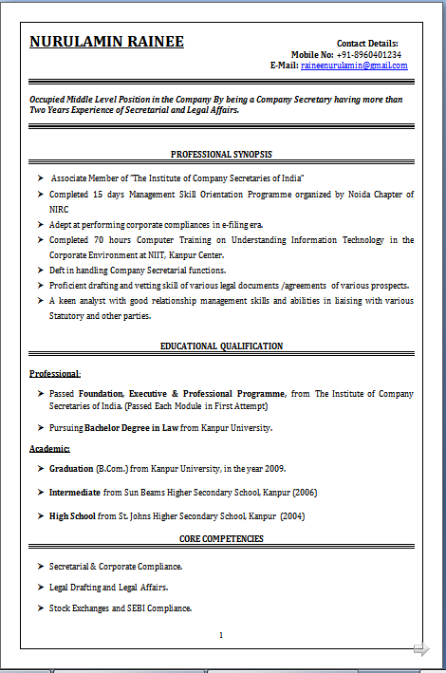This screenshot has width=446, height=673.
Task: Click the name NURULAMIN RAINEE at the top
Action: (x=106, y=43)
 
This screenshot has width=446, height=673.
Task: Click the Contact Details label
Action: (x=367, y=43)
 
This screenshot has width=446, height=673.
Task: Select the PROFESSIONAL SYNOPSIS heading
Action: (x=222, y=154)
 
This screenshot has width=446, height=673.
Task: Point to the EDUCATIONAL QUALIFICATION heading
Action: (x=222, y=346)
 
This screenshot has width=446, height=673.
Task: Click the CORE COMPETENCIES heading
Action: (x=222, y=539)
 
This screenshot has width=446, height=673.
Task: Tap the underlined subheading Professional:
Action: (x=55, y=374)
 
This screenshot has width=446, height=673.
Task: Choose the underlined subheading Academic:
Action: (x=49, y=448)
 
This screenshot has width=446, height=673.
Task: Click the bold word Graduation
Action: (x=71, y=469)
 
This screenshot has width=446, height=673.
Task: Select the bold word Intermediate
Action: (x=75, y=493)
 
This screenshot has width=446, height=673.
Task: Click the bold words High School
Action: (x=72, y=516)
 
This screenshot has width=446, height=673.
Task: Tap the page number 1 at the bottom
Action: (x=221, y=635)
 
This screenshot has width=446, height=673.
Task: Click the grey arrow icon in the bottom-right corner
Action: (x=421, y=649)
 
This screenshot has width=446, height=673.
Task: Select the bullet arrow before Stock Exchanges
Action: (x=41, y=608)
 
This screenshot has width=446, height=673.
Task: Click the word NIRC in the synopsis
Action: (x=60, y=209)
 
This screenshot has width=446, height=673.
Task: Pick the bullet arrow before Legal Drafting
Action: (x=41, y=588)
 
